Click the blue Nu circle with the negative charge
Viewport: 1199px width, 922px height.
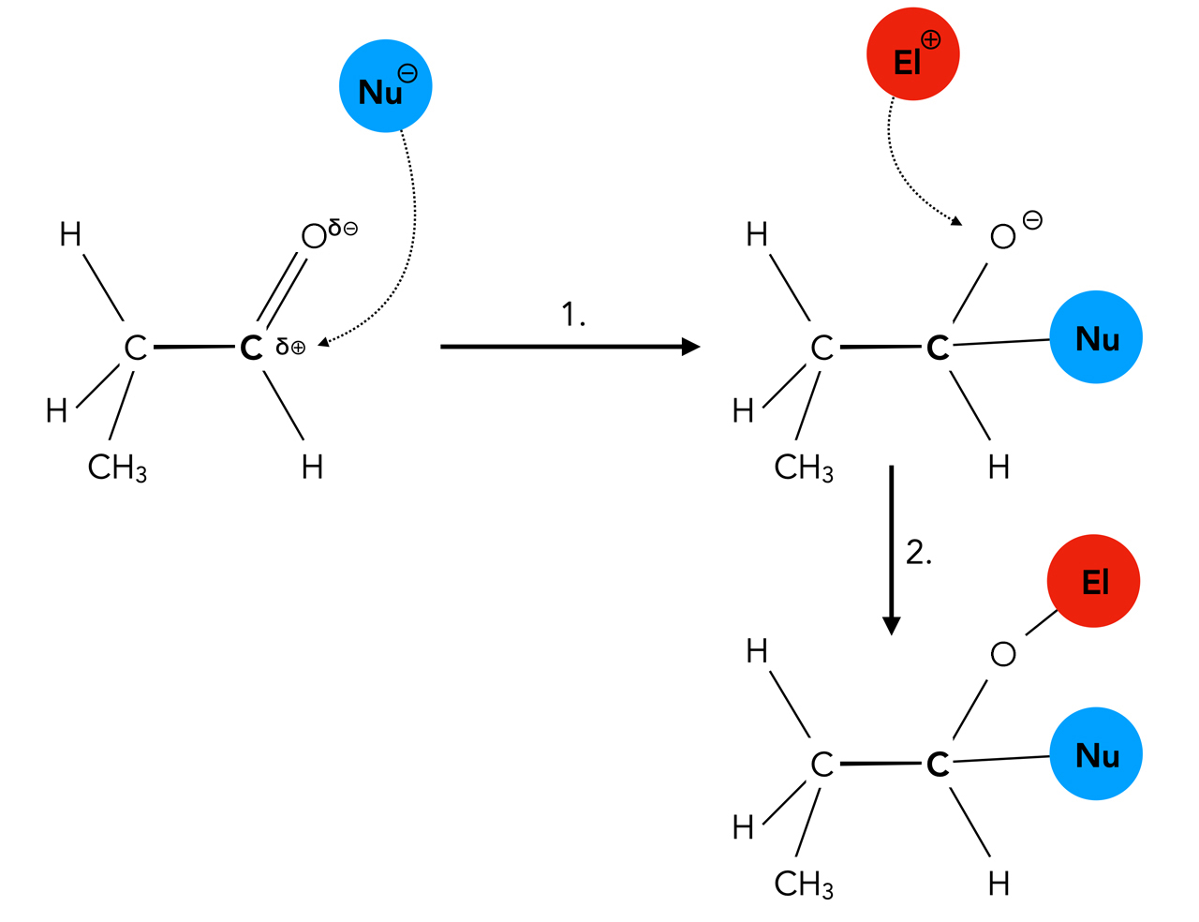[x=385, y=86]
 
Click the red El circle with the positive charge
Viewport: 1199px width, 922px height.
[x=912, y=54]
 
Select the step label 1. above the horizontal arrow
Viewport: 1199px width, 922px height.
[x=572, y=315]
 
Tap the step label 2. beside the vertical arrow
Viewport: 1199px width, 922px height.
[x=918, y=553]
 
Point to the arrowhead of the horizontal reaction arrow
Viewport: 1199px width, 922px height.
[x=691, y=347]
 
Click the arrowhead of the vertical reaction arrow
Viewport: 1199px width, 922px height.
[x=892, y=626]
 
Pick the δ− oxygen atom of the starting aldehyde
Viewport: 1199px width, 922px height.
[x=314, y=236]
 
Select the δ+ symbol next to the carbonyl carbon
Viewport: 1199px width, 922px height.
[x=290, y=348]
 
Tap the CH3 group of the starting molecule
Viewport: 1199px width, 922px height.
[x=117, y=467]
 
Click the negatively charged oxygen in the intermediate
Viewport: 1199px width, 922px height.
[x=1002, y=236]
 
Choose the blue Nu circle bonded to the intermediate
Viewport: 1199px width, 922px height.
[x=1095, y=337]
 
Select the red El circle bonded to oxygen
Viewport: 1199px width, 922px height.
[x=1093, y=581]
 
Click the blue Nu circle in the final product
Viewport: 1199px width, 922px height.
[x=1095, y=754]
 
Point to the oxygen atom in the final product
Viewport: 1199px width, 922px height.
[x=1002, y=654]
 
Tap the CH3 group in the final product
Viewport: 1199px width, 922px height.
[x=804, y=884]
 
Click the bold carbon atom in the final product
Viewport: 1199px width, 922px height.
[x=937, y=765]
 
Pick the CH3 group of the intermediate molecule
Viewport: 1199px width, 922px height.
[x=804, y=467]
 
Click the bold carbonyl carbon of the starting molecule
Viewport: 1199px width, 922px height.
[x=250, y=348]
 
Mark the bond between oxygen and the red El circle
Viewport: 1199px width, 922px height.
[x=1041, y=623]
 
